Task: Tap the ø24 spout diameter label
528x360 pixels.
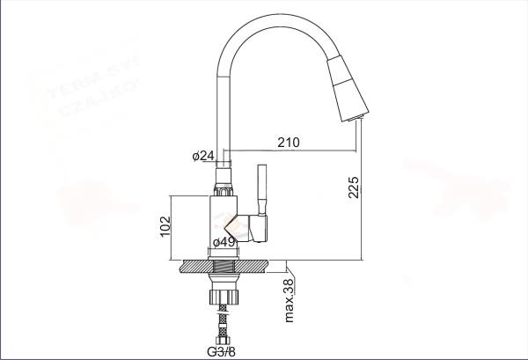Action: [x=202, y=156]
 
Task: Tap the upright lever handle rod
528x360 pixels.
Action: [x=261, y=188]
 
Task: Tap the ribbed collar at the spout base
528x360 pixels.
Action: [x=224, y=186]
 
